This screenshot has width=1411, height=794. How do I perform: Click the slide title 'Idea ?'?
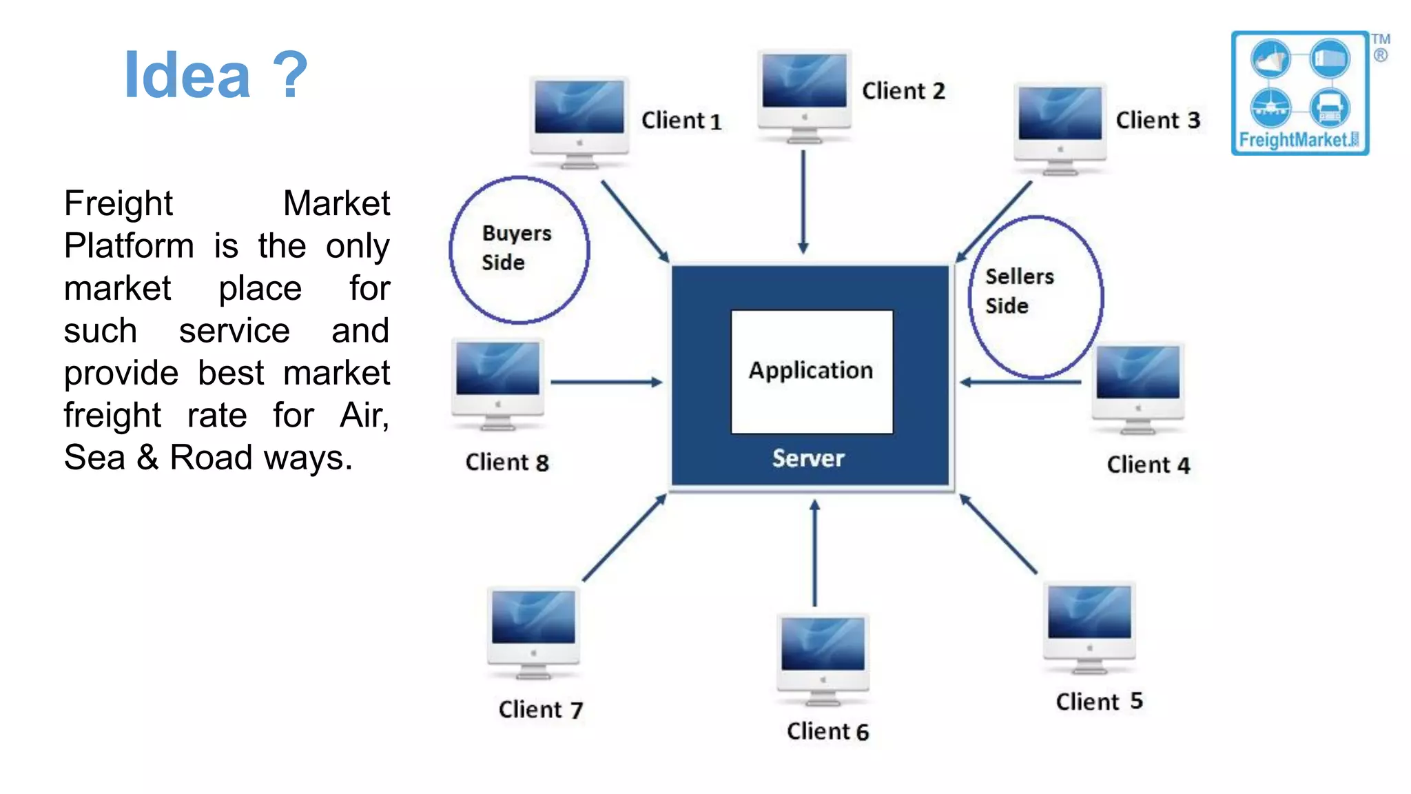[215, 75]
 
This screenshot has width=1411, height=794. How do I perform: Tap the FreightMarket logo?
[1300, 93]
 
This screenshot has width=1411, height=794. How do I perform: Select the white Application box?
[812, 371]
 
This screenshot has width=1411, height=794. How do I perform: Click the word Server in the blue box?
[807, 459]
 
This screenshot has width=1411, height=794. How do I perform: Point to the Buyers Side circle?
[519, 250]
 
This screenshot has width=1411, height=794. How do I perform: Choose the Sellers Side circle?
[1035, 297]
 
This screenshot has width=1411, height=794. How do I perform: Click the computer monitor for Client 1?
[579, 121]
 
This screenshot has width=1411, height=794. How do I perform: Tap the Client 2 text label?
[903, 91]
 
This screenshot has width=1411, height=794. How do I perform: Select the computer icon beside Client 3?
[1060, 128]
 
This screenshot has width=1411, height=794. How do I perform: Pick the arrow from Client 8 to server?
[606, 382]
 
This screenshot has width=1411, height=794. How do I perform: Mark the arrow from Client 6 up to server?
[814, 552]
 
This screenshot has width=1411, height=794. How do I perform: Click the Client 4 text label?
[1148, 465]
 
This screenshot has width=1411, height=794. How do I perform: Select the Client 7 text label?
[541, 710]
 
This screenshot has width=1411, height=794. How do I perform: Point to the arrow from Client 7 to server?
[624, 538]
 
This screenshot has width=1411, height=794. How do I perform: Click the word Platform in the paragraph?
[129, 246]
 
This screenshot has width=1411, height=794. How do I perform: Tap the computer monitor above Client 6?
[823, 658]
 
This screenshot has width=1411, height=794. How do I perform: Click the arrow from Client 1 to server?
[635, 221]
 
